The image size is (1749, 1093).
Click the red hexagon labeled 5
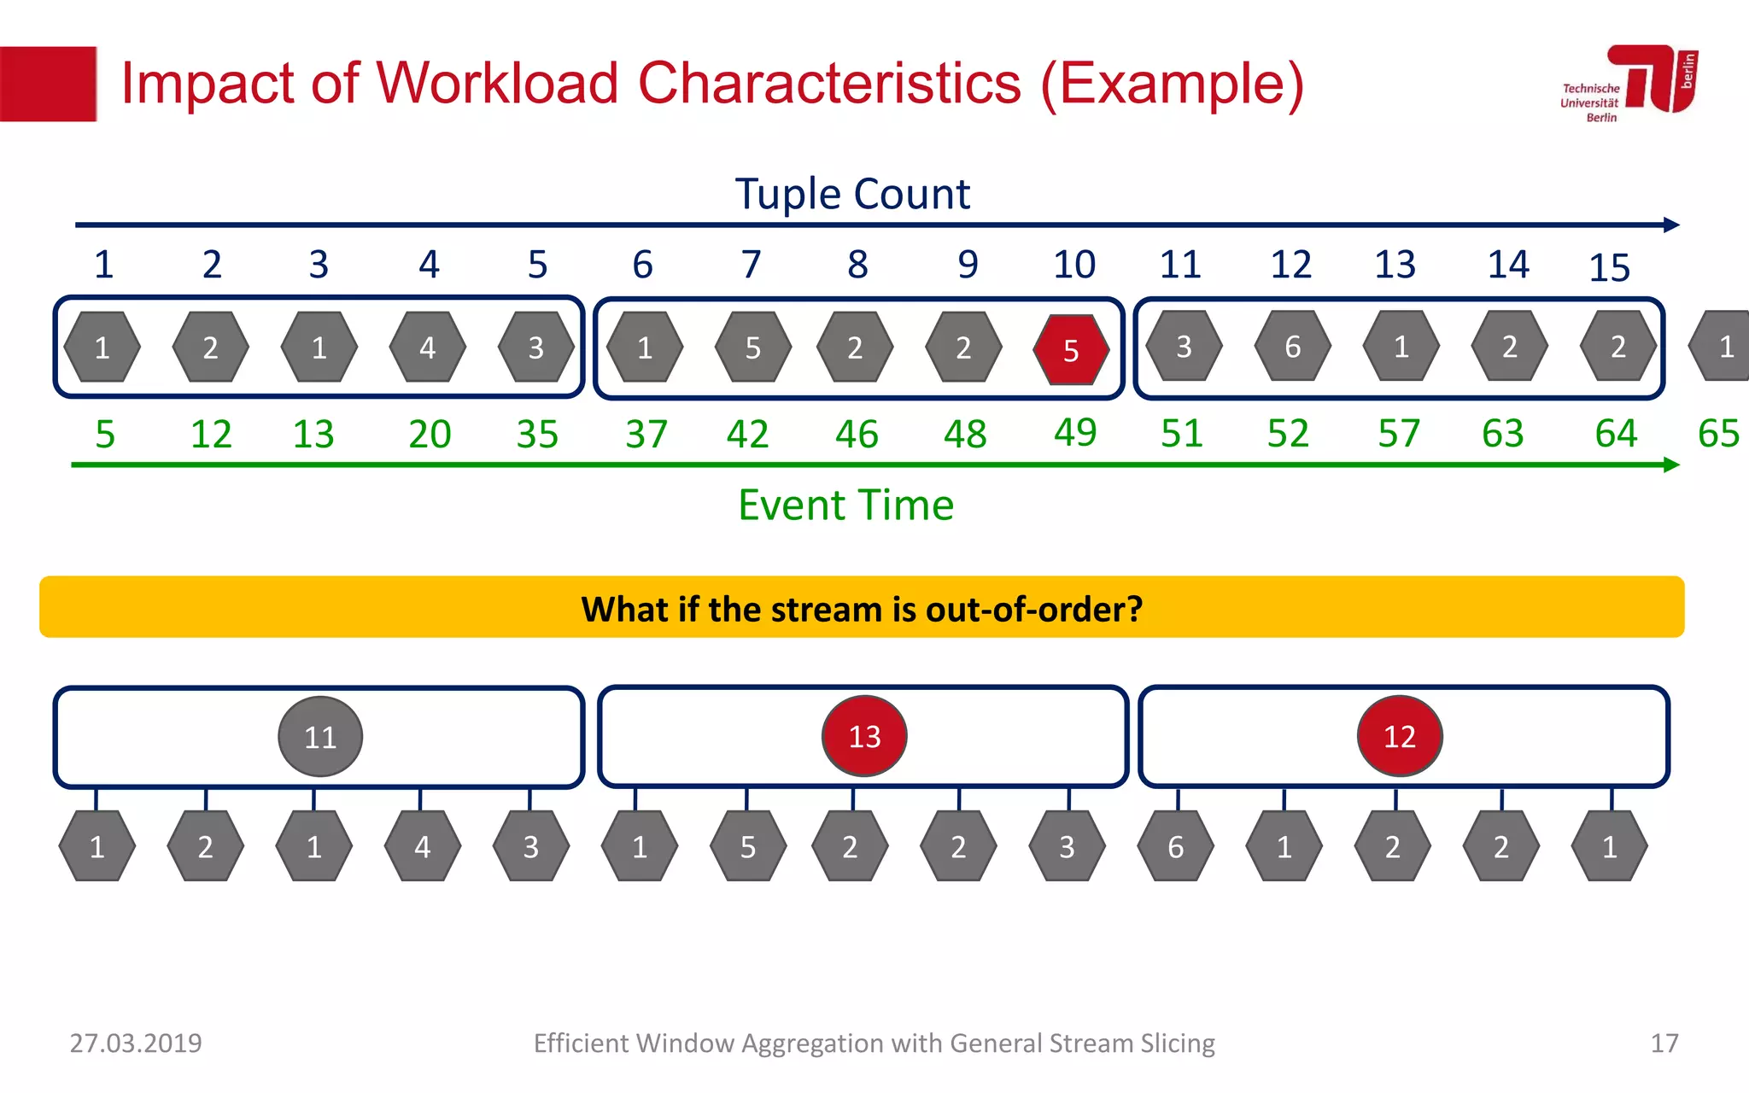(1071, 349)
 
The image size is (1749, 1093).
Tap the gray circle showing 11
(320, 736)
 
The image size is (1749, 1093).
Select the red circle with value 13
(864, 735)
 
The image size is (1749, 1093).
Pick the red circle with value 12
(1400, 735)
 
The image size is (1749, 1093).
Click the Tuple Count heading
(852, 194)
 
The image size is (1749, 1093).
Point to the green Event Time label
(845, 505)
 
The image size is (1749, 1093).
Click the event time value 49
(1074, 432)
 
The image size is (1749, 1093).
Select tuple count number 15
(1609, 268)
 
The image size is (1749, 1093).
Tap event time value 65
(1718, 434)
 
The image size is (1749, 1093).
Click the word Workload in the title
(497, 84)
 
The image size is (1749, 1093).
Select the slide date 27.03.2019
(136, 1043)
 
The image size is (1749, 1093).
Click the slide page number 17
(1664, 1043)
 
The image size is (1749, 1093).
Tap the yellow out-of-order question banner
(862, 607)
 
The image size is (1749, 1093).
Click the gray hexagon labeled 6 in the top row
(1292, 347)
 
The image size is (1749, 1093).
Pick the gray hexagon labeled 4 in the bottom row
(422, 846)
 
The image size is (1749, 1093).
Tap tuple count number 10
(1073, 265)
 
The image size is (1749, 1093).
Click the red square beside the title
(48, 84)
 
